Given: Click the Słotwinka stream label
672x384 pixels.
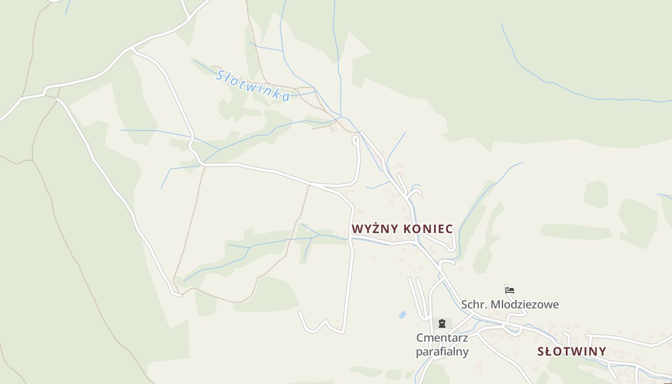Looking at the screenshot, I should (252, 85).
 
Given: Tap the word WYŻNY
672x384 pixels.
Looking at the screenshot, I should (375, 229).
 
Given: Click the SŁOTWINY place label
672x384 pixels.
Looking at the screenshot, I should (572, 351).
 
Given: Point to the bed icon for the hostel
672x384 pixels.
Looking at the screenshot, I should (510, 290).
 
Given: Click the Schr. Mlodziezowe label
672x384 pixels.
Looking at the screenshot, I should (510, 304).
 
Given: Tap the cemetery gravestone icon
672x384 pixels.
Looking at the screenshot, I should (442, 324).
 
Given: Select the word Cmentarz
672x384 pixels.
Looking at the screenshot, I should (442, 338).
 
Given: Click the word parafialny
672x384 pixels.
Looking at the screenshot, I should (442, 351).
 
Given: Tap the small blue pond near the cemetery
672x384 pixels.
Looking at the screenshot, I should (402, 315).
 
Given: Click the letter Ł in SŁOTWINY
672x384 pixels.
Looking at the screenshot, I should (549, 351).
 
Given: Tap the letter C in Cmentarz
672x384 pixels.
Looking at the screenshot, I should (420, 338).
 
